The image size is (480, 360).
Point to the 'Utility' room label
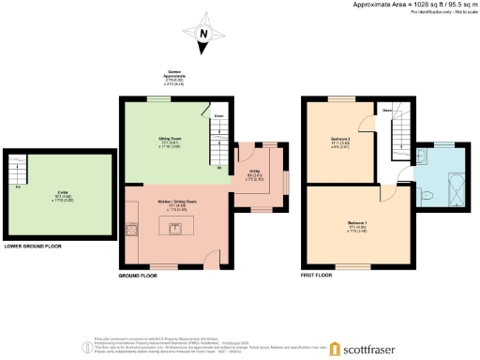pos(253,172)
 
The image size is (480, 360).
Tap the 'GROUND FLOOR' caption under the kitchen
pos(136,277)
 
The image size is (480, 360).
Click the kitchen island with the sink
pos(173,229)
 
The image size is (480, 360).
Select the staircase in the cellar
pos(16,172)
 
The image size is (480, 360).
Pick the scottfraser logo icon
pos(335,348)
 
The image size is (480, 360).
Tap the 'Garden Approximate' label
pos(174,75)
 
